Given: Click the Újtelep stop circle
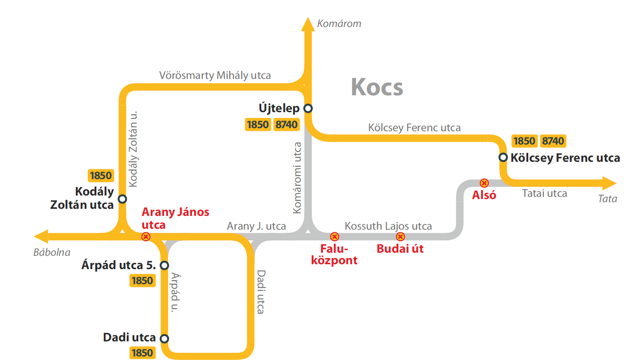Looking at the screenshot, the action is tap(308, 108).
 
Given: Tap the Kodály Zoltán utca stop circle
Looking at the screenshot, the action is tap(122, 199).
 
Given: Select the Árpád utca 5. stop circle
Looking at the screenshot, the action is tap(164, 265).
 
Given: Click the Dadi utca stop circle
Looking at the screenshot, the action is tap(164, 339).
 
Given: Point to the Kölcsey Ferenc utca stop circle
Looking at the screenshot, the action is tap(503, 157).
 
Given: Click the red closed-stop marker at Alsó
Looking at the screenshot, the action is tap(484, 183).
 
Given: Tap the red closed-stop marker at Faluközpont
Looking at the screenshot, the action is tap(334, 237).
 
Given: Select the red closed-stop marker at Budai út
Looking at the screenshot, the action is tap(400, 237).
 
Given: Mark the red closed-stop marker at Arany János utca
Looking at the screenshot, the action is tap(146, 237).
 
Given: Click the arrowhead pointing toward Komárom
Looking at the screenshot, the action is tap(308, 24).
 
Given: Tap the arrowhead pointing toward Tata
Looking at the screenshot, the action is tap(609, 183).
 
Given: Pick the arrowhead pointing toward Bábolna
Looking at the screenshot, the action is tap(41, 237).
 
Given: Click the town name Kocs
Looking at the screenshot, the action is tap(377, 87).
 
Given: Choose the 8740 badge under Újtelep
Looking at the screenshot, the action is tap(287, 125).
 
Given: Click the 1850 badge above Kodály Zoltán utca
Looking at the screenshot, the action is tap(101, 176).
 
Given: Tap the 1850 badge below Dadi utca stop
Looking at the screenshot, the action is tap(142, 353).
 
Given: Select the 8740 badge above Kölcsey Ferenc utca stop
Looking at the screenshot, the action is tap(553, 141).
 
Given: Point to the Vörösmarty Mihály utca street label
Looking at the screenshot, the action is tap(215, 75).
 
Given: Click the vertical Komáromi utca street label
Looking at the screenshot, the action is tap(298, 178).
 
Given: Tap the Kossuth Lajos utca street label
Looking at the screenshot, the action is tap(388, 226).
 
